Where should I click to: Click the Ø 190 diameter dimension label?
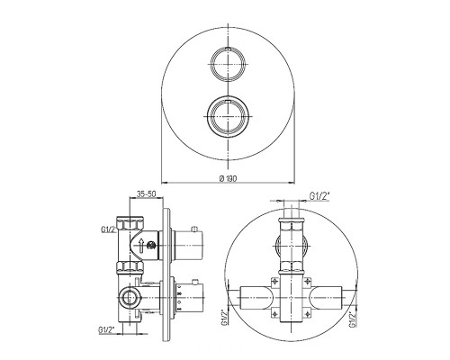click(x=228, y=178)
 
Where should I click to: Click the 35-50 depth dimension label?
click(x=146, y=193)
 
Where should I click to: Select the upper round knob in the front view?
click(x=229, y=64)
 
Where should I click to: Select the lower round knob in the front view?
click(x=229, y=116)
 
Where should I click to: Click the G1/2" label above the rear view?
click(x=319, y=196)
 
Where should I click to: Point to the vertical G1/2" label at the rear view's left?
click(x=223, y=318)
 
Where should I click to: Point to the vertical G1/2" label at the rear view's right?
click(x=353, y=319)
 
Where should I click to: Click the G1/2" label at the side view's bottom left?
click(x=107, y=330)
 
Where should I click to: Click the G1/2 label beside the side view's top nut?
click(x=108, y=230)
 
